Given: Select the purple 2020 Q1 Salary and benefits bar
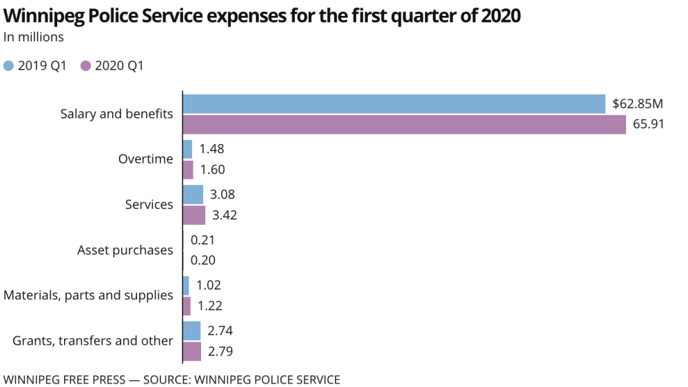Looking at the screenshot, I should click(x=404, y=125).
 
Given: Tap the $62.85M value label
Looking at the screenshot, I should click(x=638, y=104).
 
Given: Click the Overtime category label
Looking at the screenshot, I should click(x=145, y=159).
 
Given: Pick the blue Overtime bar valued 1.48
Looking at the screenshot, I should click(x=187, y=149).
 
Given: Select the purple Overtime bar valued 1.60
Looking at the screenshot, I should click(x=188, y=170).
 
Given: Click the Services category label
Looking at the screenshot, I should click(x=149, y=204).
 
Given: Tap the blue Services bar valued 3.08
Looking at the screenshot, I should click(x=193, y=195).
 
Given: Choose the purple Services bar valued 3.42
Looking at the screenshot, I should click(x=194, y=215).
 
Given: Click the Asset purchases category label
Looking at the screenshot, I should click(x=125, y=250).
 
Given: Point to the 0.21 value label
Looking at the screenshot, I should click(x=203, y=240).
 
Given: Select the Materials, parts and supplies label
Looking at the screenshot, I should click(x=88, y=295).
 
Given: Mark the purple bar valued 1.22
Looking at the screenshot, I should click(x=187, y=306).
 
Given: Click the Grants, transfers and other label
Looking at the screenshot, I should click(x=93, y=341).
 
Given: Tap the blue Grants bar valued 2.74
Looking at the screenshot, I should click(x=191, y=331).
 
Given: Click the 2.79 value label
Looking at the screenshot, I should click(x=220, y=352).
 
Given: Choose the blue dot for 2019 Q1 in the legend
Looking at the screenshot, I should click(x=9, y=66).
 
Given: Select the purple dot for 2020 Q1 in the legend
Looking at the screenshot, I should click(x=86, y=66).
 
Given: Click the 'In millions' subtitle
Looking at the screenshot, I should click(x=34, y=37).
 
